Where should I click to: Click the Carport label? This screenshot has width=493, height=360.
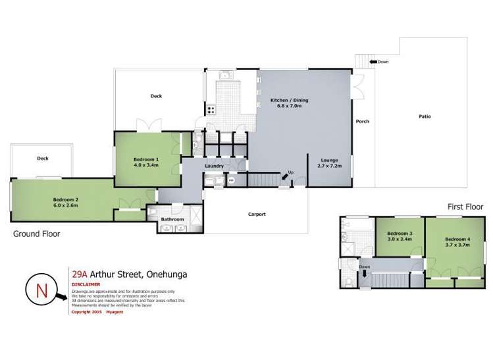click(257, 214)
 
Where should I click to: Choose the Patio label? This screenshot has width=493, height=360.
click(425, 116)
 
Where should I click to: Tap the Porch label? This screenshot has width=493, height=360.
click(363, 121)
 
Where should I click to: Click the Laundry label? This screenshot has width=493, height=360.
click(215, 166)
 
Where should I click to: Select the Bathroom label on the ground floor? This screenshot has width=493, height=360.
click(172, 219)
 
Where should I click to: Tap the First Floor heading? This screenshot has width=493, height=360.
click(465, 207)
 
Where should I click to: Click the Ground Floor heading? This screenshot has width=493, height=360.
click(37, 234)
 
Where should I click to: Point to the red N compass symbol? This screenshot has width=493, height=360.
click(41, 290)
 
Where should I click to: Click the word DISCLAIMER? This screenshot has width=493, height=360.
click(85, 285)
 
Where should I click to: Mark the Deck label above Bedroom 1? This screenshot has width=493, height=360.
click(156, 96)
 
